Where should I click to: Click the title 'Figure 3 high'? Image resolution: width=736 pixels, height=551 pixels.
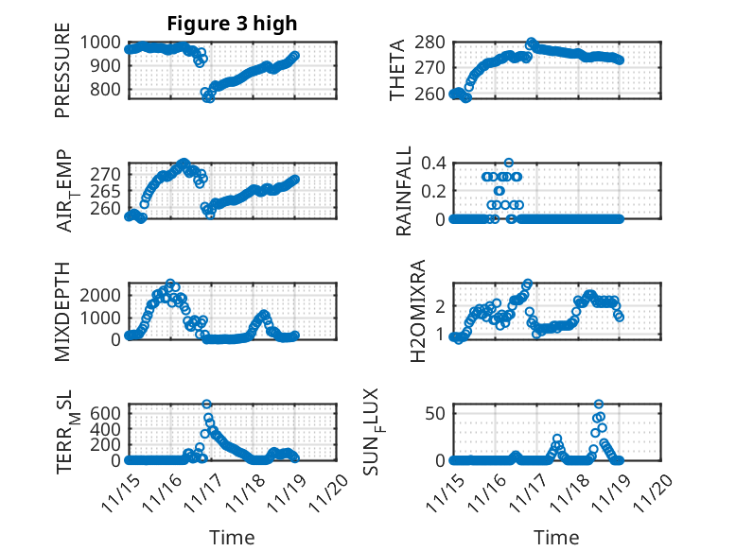click(232, 24)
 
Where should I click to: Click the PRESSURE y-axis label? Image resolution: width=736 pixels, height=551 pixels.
click(62, 77)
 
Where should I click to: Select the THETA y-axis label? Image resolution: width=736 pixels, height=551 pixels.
click(398, 70)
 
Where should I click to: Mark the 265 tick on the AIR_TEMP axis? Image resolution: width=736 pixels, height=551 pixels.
click(108, 191)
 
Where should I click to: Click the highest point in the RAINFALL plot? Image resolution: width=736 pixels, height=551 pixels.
click(509, 163)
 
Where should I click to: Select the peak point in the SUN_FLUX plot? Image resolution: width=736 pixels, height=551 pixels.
click(598, 405)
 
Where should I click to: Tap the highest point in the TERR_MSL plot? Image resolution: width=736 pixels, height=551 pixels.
click(206, 405)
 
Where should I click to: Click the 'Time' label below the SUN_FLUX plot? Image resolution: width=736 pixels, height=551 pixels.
click(557, 538)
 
